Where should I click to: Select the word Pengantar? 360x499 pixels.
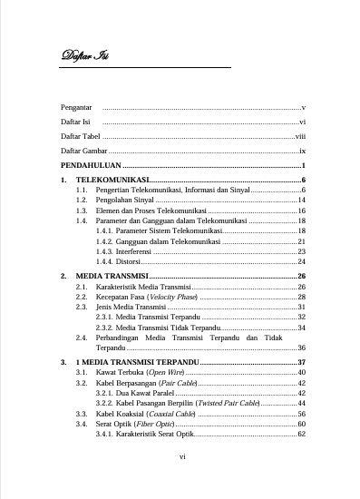pos(75,107)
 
